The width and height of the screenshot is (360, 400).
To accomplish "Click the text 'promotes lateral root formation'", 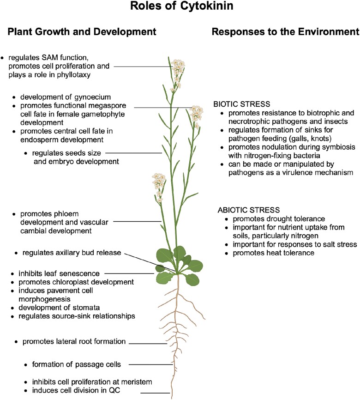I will [74, 342].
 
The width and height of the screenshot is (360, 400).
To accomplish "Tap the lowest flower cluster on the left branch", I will [159, 182].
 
